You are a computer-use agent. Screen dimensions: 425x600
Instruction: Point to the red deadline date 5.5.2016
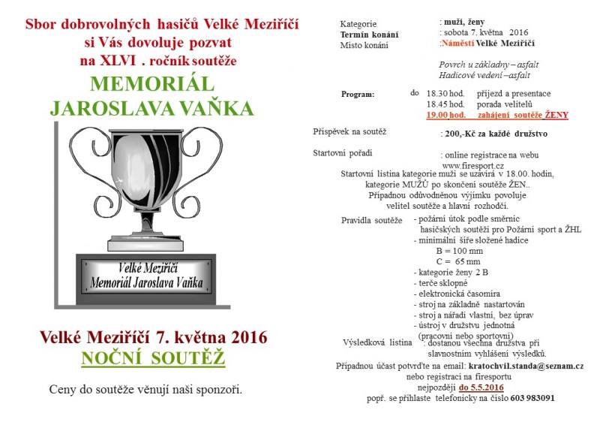pos(481,387)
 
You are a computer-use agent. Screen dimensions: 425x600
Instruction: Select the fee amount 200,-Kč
pos(459,134)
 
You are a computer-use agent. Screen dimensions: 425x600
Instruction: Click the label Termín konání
pos(369,35)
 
